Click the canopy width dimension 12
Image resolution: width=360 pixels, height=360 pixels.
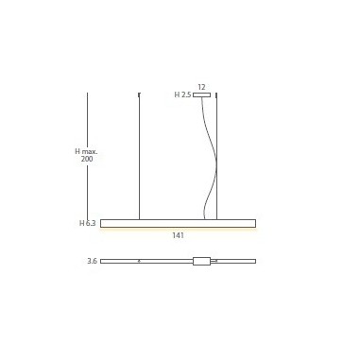[x=201, y=87]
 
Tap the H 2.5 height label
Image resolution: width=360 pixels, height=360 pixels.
[x=182, y=94]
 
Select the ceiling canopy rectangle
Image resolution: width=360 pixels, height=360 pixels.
[x=202, y=94]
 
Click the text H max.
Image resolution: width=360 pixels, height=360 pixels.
[x=86, y=151]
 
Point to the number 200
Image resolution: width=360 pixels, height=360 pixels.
[x=87, y=159]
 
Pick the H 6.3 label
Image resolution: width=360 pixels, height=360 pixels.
[x=87, y=223]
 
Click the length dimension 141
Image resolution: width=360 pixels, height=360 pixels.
[x=178, y=235]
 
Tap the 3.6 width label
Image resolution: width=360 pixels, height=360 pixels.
[x=92, y=261]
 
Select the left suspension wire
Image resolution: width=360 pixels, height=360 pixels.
[x=139, y=156]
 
